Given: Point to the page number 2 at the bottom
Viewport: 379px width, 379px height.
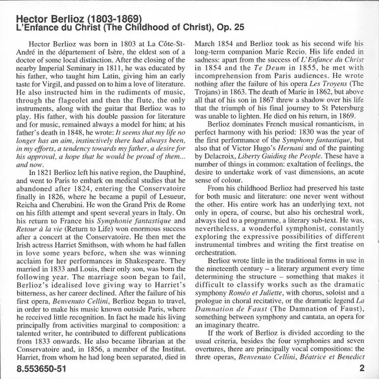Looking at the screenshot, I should (362, 368).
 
